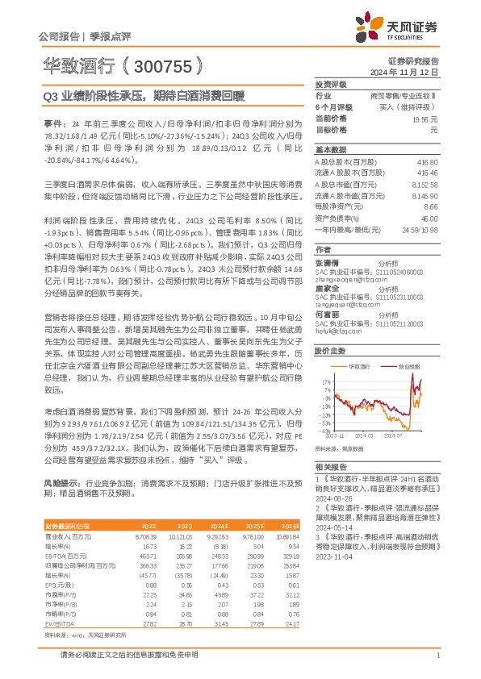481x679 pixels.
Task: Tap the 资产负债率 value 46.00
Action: (x=429, y=219)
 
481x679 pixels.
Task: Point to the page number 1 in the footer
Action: (x=437, y=656)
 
